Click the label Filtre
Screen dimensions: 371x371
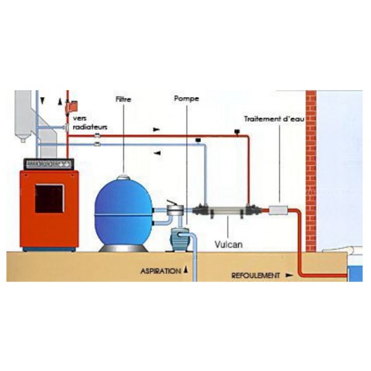coord(123,99)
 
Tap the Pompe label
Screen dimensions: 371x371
coord(187,99)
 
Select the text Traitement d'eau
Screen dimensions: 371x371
coord(274,119)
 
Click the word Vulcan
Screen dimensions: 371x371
coord(229,244)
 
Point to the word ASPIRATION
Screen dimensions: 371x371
coord(161,271)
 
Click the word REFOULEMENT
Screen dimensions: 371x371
coord(255,275)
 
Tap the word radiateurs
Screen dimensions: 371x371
coord(90,127)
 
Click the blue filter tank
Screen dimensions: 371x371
coord(123,213)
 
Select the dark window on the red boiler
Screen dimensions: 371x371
coord(49,198)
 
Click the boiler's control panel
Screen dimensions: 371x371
coord(49,164)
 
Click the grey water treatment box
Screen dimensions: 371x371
coord(278,210)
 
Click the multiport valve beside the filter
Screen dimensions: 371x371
coord(175,208)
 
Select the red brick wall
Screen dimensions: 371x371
coord(311,171)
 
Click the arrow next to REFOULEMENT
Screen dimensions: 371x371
coord(289,275)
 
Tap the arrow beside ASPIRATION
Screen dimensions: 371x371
coord(186,269)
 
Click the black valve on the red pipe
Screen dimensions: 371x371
coord(237,132)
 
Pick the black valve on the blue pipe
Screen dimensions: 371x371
coord(198,140)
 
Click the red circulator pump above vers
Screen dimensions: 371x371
coord(72,106)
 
